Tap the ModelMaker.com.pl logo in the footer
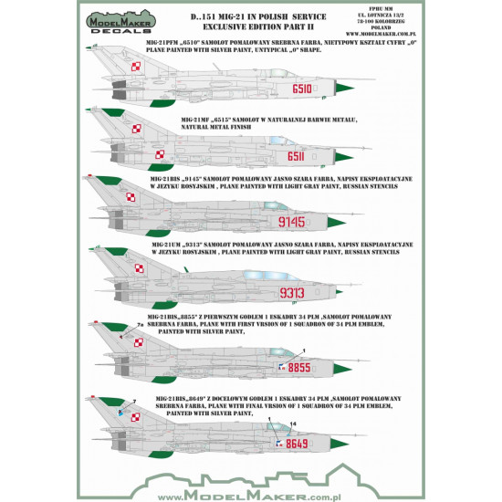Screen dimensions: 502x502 [x=250, y=488]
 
